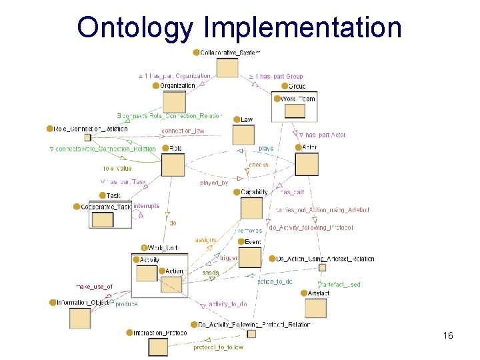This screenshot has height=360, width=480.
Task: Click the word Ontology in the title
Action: pos(136,27)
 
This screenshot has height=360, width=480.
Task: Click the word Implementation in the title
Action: pos(303,27)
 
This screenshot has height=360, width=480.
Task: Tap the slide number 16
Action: pos(447,335)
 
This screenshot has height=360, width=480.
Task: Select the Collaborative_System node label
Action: pos(230,52)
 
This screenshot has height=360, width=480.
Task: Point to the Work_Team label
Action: pos(297,99)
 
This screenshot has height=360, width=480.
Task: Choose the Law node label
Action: pos(247,119)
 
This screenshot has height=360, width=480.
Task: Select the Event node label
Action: pos(253,241)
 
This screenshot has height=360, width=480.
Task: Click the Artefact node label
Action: pos(319,293)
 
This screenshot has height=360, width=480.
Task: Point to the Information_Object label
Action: pos(83,303)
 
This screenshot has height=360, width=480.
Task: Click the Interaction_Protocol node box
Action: pos(158,347)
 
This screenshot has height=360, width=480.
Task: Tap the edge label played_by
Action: pos(214,183)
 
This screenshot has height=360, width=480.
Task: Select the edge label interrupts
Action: pos(147,206)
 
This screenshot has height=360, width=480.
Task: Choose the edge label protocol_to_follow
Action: pos(219,347)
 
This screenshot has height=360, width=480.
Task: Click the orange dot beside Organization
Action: pos(156,85)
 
